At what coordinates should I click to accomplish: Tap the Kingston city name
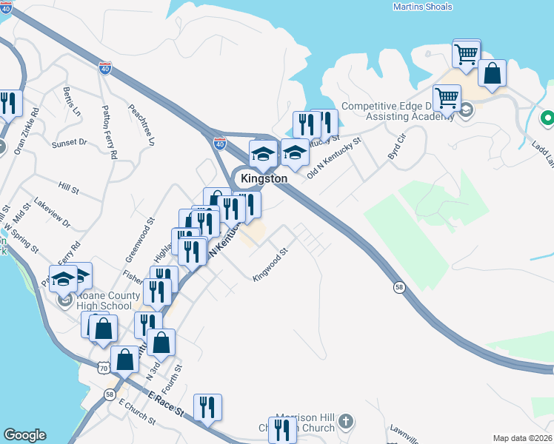tap(264, 179)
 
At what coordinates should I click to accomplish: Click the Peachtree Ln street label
tap(141, 122)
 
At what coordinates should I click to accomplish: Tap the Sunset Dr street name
tap(69, 142)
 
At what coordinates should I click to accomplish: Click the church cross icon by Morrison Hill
tap(345, 423)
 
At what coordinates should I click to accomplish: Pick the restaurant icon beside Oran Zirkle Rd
tap(8, 104)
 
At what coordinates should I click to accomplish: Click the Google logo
tap(24, 435)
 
